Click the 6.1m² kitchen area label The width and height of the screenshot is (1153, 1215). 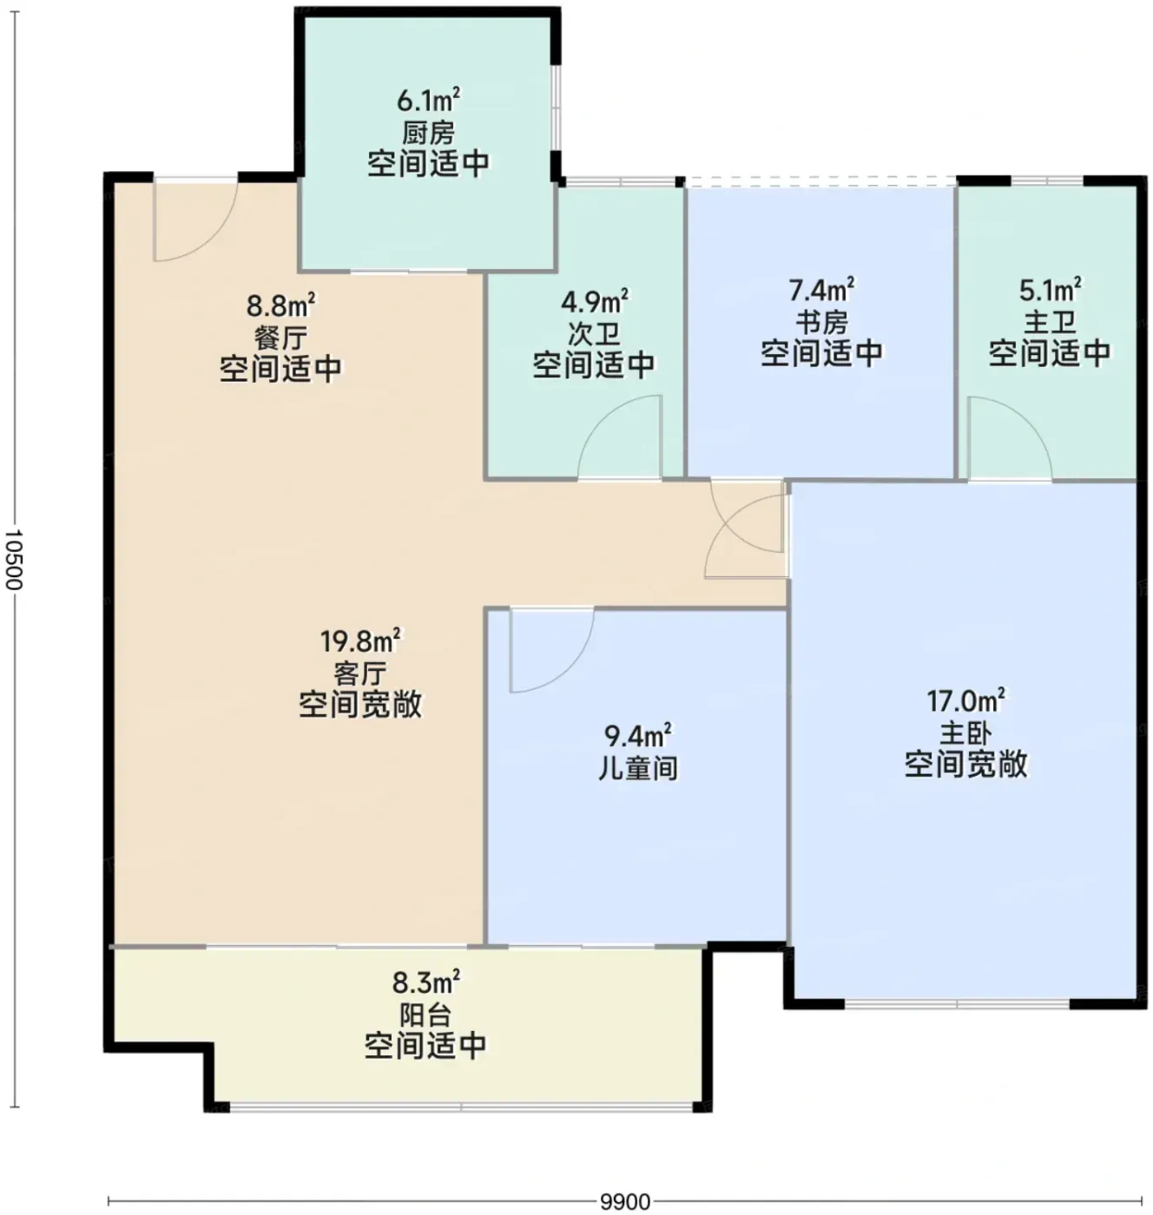coord(428,100)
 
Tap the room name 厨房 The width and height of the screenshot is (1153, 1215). coord(428,132)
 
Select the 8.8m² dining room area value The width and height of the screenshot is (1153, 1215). coord(281,305)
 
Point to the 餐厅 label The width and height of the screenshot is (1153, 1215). coord(281,338)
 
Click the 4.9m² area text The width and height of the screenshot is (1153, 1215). coord(595,302)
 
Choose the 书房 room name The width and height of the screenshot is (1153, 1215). coord(821,321)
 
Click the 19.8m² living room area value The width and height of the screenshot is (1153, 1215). coord(360,641)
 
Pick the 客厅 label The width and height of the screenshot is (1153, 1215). coord(360,673)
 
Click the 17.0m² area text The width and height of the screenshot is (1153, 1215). coord(965,701)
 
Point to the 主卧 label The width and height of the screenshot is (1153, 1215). coord(965,733)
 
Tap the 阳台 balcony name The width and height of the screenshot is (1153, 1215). coord(426,1015)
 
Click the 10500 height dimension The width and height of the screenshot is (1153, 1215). coord(14,559)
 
